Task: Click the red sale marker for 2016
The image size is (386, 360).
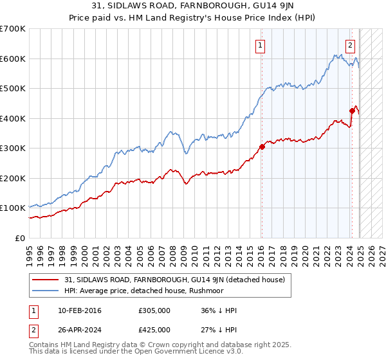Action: pyautogui.click(x=262, y=147)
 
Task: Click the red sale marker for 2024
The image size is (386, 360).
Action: pyautogui.click(x=352, y=111)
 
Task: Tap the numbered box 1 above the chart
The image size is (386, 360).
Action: pyautogui.click(x=260, y=45)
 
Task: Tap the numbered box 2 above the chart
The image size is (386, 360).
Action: pyautogui.click(x=350, y=45)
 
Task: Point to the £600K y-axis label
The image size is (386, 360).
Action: pyautogui.click(x=13, y=59)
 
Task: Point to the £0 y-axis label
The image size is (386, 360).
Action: pyautogui.click(x=21, y=238)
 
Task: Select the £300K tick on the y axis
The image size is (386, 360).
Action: pyautogui.click(x=13, y=148)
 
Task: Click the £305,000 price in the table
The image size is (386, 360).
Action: pyautogui.click(x=154, y=311)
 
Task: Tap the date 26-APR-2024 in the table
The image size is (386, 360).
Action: pyautogui.click(x=80, y=330)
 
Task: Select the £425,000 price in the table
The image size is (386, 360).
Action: pyautogui.click(x=154, y=330)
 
